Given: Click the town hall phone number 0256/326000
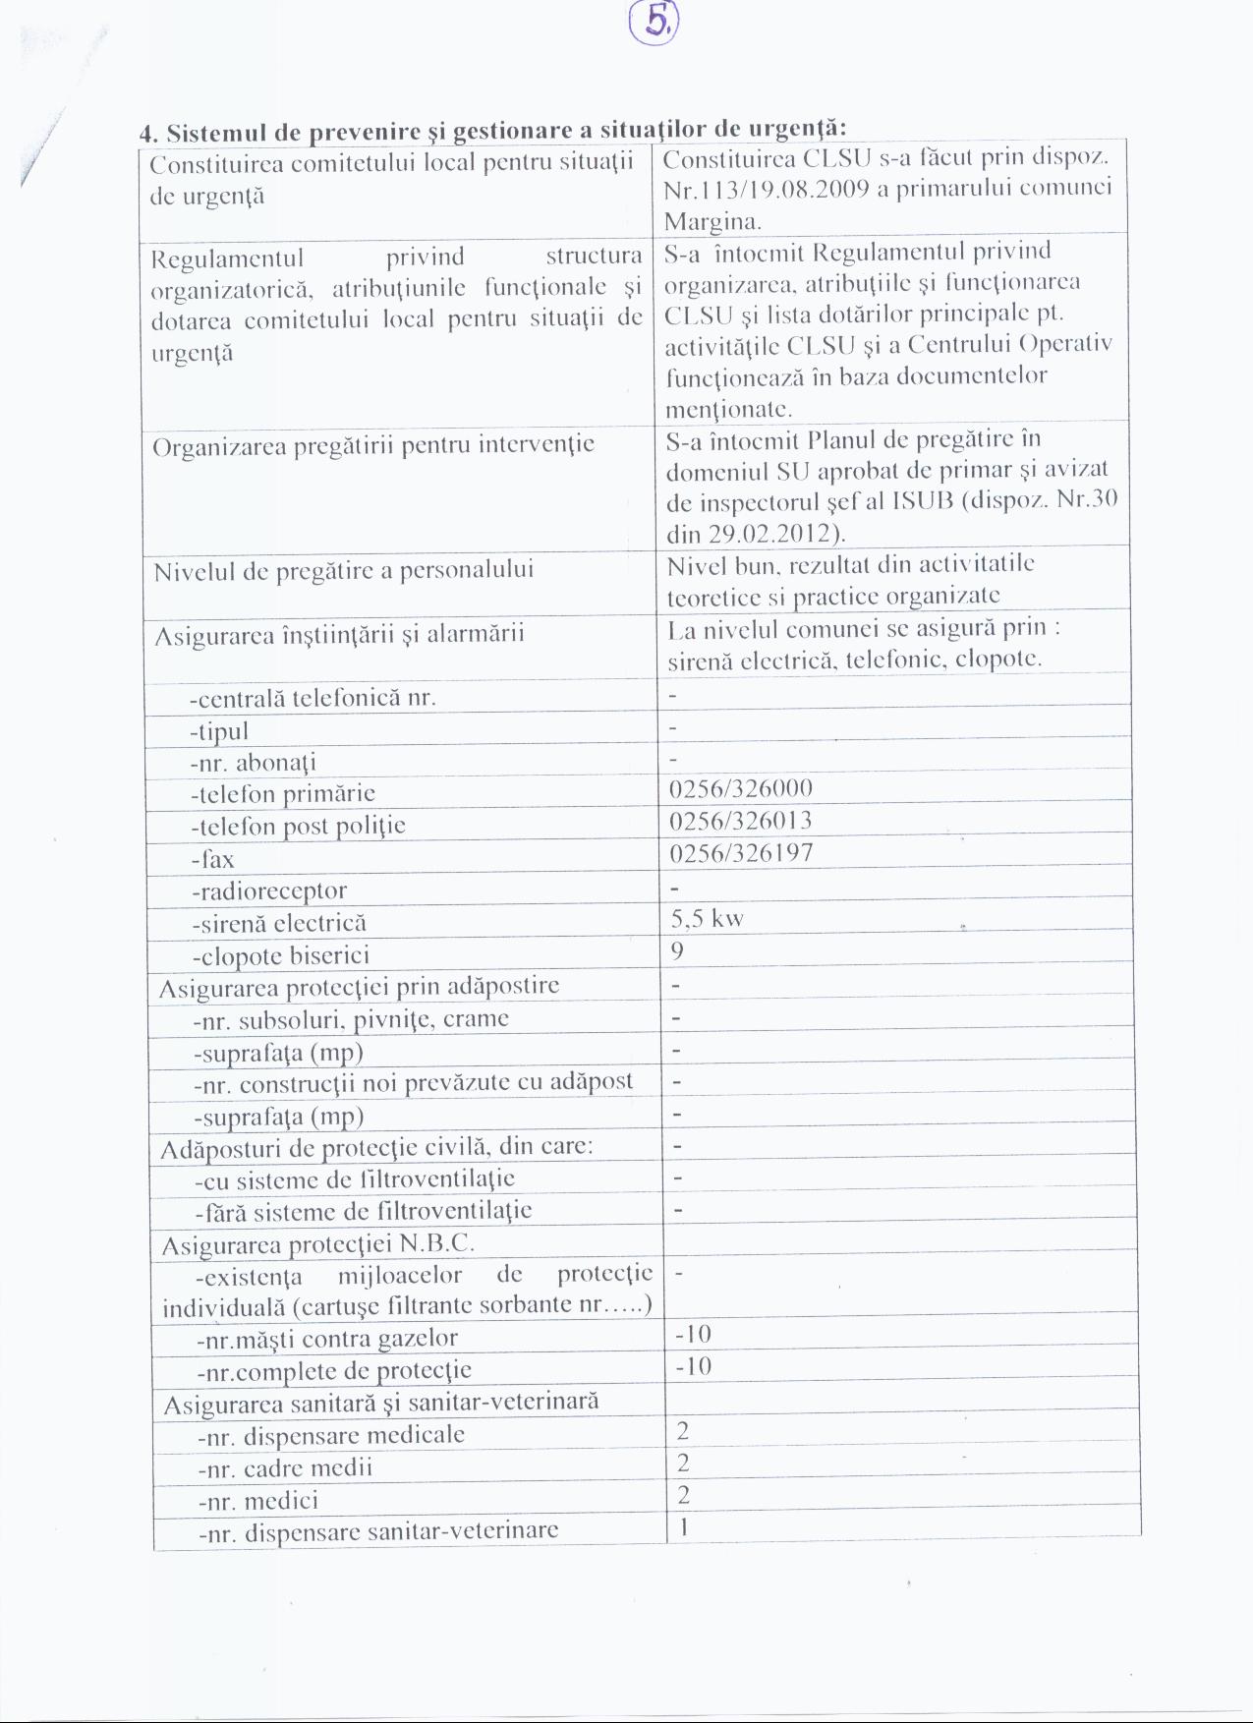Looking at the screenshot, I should [x=740, y=789].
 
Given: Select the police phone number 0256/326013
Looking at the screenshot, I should [x=740, y=821].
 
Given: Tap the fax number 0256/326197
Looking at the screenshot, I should [x=741, y=852].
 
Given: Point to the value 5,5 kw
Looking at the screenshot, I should [x=707, y=919].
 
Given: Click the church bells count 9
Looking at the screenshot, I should [x=677, y=950].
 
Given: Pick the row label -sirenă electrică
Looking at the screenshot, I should [x=279, y=923].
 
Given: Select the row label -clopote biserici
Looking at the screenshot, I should [x=280, y=955].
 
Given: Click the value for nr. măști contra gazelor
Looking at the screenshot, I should [x=693, y=1334].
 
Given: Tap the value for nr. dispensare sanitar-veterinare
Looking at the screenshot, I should [x=683, y=1526].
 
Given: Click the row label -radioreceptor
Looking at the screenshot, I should [x=269, y=890].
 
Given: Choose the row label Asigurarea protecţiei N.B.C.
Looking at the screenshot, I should [x=318, y=1245].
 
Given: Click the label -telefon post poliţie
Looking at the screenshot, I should [x=298, y=826].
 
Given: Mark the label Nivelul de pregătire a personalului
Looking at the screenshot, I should [x=343, y=570].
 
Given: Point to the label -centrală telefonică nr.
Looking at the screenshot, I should [x=313, y=698].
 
